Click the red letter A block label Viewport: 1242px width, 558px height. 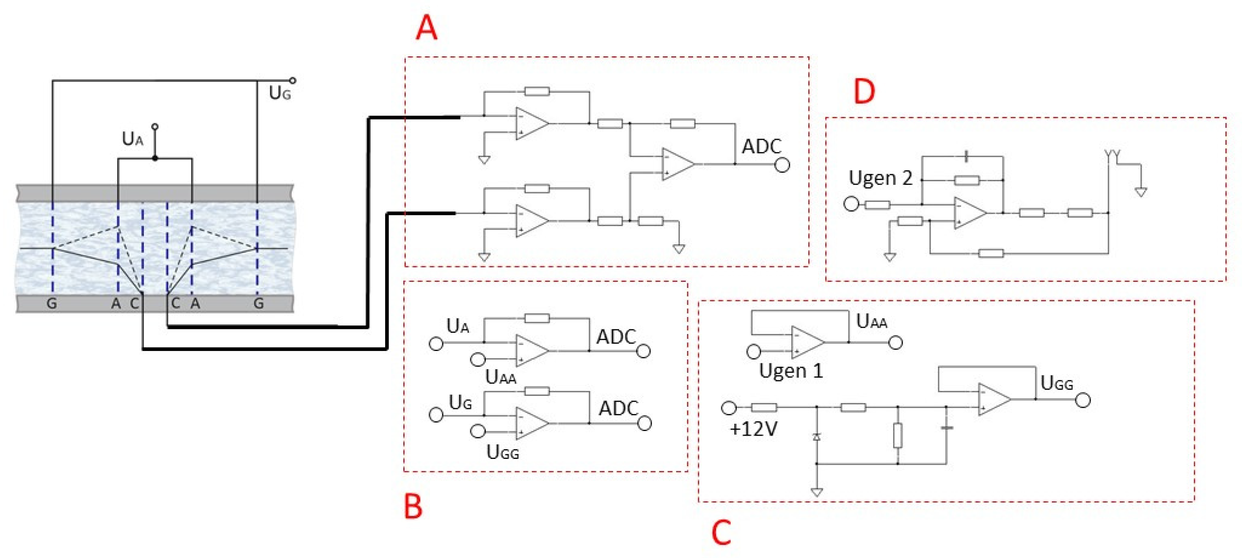pyautogui.click(x=426, y=28)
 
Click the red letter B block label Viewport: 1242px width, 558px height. pyautogui.click(x=413, y=506)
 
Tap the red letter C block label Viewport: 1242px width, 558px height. pyautogui.click(x=721, y=533)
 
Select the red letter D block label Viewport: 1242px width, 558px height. pyautogui.click(x=865, y=91)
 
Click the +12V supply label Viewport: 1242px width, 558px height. pyautogui.click(x=754, y=429)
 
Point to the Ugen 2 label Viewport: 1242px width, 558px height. pyautogui.click(x=880, y=178)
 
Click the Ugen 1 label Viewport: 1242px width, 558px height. pyautogui.click(x=791, y=371)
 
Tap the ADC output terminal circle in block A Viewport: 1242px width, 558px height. pyautogui.click(x=782, y=166)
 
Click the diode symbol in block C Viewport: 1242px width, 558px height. pyautogui.click(x=816, y=436)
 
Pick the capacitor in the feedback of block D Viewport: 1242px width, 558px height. pyautogui.click(x=966, y=156)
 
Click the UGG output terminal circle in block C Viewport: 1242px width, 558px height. pyautogui.click(x=1083, y=400)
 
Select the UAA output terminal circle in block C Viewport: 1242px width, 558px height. pyautogui.click(x=895, y=343)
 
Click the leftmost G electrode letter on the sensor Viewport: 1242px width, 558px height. pyautogui.click(x=52, y=304)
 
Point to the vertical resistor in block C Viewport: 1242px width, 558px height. pyautogui.click(x=897, y=436)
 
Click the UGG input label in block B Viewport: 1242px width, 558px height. pyautogui.click(x=502, y=453)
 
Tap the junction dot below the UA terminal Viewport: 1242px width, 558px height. pyautogui.click(x=155, y=158)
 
